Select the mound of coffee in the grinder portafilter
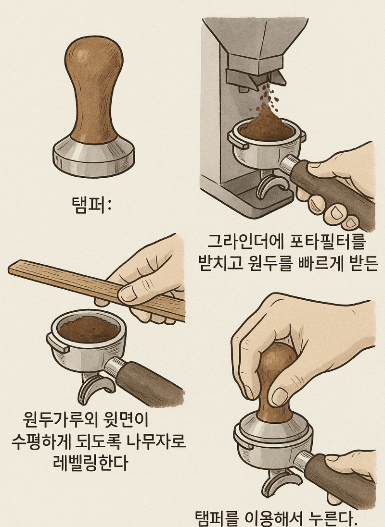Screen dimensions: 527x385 click(x=264, y=126)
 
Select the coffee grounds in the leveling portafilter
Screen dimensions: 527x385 click(x=89, y=329)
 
